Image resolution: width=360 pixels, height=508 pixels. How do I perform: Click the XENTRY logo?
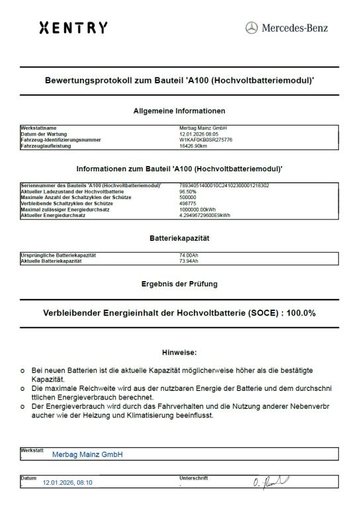[73, 28]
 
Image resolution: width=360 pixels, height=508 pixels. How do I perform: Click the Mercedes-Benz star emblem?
[251, 28]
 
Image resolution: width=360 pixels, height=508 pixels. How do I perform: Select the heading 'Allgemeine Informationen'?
[179, 110]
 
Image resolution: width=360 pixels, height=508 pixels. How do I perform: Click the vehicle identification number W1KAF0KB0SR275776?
[206, 140]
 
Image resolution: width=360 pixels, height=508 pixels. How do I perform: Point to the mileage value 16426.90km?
[194, 146]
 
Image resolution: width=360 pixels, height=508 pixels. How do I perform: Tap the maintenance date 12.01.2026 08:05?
[199, 134]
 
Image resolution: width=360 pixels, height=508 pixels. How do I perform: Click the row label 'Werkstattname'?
[39, 128]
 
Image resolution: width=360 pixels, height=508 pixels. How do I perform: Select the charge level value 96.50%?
[188, 192]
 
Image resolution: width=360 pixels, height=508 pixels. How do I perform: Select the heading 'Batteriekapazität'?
[179, 237]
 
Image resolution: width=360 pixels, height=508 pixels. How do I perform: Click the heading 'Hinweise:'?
[179, 353]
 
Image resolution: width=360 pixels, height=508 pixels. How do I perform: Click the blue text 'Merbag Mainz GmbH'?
[87, 454]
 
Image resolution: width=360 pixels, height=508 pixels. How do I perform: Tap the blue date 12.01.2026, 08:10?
[67, 483]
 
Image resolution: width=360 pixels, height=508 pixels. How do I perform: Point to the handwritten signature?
[269, 482]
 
